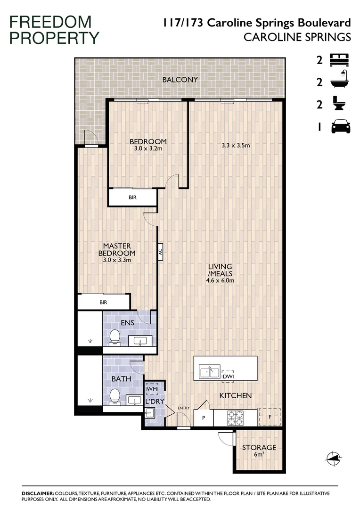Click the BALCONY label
pyautogui.click(x=180, y=80)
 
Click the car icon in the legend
pyautogui.click(x=341, y=126)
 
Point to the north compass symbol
pyautogui.click(x=333, y=456)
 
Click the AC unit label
pyautogui.click(x=161, y=252)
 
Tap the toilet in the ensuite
pyautogui.click(x=115, y=337)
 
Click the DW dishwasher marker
pyautogui.click(x=228, y=376)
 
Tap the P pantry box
pyautogui.click(x=204, y=418)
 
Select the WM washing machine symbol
pyautogui.click(x=152, y=389)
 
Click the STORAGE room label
pyautogui.click(x=259, y=447)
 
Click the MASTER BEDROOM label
pyautogui.click(x=116, y=249)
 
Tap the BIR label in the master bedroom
pyautogui.click(x=103, y=303)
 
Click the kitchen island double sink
pyautogui.click(x=209, y=372)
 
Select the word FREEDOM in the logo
pyautogui.click(x=50, y=21)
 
